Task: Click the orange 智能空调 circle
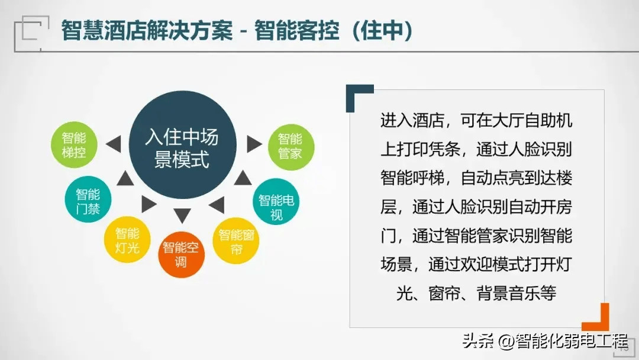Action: (180, 254)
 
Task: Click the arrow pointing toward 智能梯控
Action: (112, 144)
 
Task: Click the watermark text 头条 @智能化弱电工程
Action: (544, 342)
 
